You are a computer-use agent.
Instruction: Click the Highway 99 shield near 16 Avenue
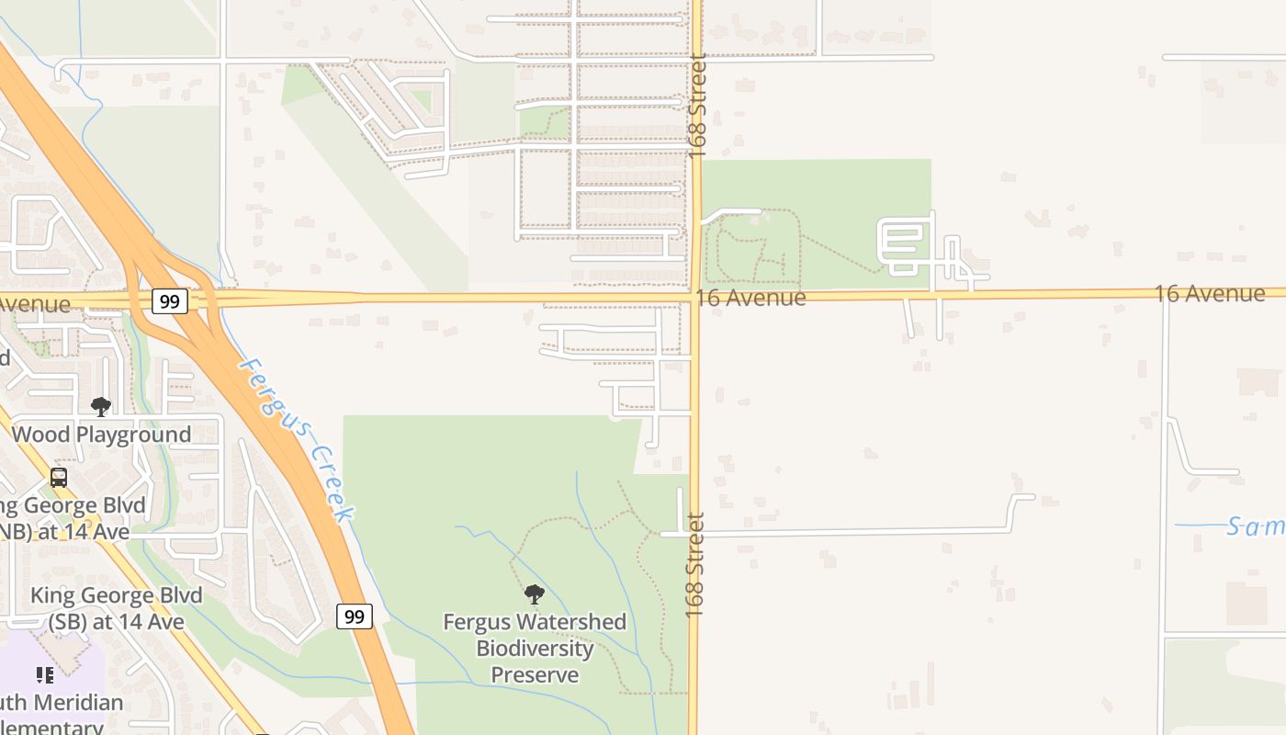tap(169, 300)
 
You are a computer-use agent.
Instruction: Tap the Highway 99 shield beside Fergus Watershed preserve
tap(354, 616)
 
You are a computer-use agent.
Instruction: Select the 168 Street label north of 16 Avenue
tap(697, 106)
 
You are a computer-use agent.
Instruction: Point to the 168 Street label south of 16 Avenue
tap(694, 564)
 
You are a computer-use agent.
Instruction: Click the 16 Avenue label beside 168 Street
tap(750, 298)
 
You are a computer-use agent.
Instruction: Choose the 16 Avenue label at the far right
tap(1209, 293)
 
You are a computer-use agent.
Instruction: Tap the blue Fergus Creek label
tap(295, 439)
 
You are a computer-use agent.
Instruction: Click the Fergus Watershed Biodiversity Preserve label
tap(535, 648)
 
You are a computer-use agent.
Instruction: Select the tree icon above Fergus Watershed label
tap(534, 594)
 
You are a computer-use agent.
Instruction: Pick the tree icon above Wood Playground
tap(101, 406)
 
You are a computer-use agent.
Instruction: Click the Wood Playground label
tap(101, 435)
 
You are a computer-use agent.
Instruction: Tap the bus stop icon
tap(59, 478)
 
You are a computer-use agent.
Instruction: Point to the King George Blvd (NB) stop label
tap(69, 518)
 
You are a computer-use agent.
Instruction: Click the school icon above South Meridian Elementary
tap(45, 675)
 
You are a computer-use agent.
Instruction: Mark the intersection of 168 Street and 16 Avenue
tap(695, 297)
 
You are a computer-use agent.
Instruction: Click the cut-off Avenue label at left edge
tap(35, 304)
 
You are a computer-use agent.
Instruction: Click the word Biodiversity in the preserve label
tap(535, 648)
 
